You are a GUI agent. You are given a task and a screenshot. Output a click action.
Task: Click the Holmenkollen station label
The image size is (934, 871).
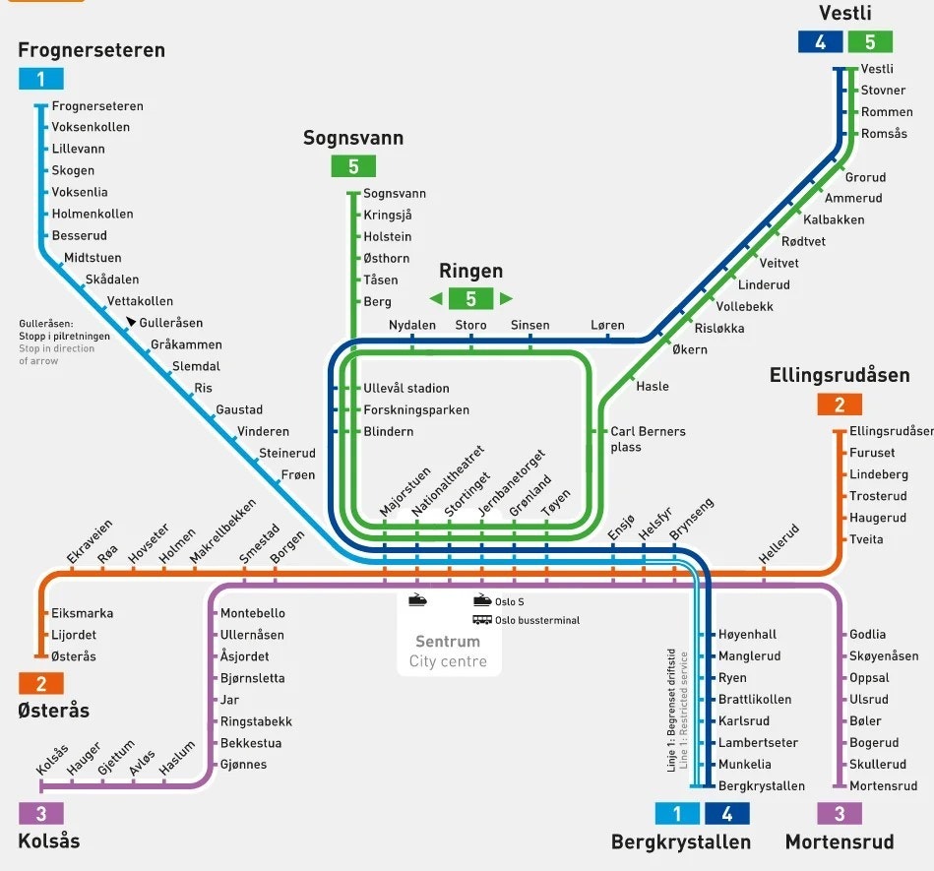click(92, 214)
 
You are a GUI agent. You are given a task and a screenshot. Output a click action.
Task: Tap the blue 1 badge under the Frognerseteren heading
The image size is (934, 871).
click(40, 80)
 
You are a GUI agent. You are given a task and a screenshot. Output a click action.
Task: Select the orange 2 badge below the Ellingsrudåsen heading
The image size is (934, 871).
click(839, 404)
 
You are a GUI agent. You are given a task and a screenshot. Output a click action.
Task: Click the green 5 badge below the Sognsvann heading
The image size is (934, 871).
click(353, 166)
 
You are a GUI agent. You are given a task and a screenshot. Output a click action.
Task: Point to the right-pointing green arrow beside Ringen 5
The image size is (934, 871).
click(506, 298)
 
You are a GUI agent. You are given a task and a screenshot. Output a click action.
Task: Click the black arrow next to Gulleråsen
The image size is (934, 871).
click(131, 322)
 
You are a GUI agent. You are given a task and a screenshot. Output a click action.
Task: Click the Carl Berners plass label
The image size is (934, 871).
click(648, 439)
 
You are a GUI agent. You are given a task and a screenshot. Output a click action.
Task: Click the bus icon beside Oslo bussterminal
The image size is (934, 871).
click(482, 620)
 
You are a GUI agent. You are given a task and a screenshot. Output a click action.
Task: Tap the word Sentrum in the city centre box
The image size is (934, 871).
click(448, 642)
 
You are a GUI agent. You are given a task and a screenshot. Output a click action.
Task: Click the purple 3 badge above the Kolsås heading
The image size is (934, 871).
click(40, 814)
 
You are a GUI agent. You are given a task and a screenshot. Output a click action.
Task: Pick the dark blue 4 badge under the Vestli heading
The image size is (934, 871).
click(820, 42)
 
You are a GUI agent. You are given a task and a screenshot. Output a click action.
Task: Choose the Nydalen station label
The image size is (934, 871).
click(412, 326)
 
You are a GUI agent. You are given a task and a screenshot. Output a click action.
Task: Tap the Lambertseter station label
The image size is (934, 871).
click(758, 742)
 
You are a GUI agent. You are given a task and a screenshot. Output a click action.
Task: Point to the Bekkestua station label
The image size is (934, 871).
click(250, 742)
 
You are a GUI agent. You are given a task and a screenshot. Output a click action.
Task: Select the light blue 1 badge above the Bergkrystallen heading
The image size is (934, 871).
click(677, 814)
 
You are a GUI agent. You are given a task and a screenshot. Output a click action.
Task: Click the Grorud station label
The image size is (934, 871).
click(865, 177)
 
